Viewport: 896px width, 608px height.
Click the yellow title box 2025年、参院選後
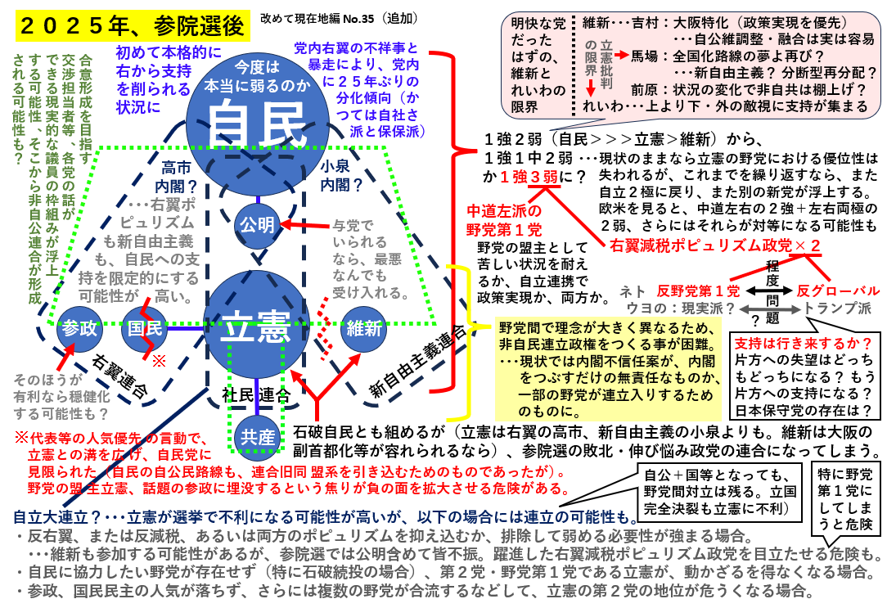(131, 25)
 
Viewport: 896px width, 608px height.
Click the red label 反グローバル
(839, 290)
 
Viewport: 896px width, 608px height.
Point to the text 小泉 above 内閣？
(340, 168)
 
